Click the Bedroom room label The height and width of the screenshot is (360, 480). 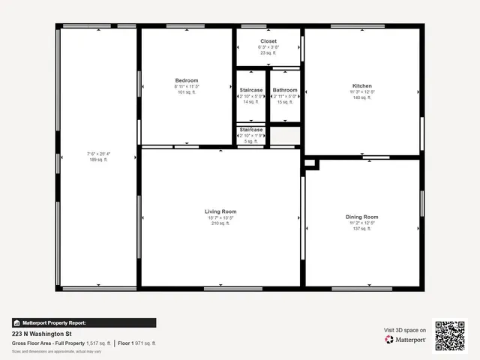pyautogui.click(x=187, y=80)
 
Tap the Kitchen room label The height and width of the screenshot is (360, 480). pyautogui.click(x=362, y=86)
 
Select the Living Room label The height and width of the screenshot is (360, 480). pyautogui.click(x=220, y=211)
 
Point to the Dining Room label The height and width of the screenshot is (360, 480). pyautogui.click(x=362, y=217)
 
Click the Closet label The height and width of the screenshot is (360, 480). pyautogui.click(x=268, y=40)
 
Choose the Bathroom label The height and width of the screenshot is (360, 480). pyautogui.click(x=285, y=90)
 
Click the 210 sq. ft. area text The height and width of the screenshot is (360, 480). pyautogui.click(x=220, y=223)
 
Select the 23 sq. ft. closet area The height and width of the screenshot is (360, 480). pyautogui.click(x=268, y=52)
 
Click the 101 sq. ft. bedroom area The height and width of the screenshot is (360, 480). pyautogui.click(x=187, y=92)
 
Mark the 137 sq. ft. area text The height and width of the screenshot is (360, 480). pyautogui.click(x=362, y=229)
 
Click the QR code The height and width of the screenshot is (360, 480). pyautogui.click(x=449, y=334)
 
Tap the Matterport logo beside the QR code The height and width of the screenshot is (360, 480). pyautogui.click(x=406, y=340)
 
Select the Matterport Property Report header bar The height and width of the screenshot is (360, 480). pyautogui.click(x=84, y=322)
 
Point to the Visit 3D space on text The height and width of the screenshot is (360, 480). pyautogui.click(x=405, y=330)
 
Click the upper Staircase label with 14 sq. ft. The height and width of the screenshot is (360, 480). pyautogui.click(x=251, y=90)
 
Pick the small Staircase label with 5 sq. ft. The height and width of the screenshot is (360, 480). pyautogui.click(x=251, y=130)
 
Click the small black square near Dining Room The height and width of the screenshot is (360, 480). pyautogui.click(x=310, y=162)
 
